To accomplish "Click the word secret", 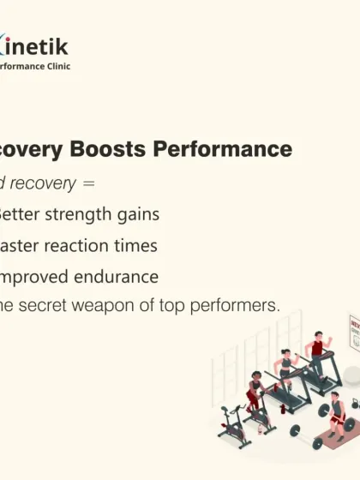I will [x=54, y=307].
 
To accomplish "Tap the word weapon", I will [x=115, y=307].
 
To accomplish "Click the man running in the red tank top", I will [x=317, y=351].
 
